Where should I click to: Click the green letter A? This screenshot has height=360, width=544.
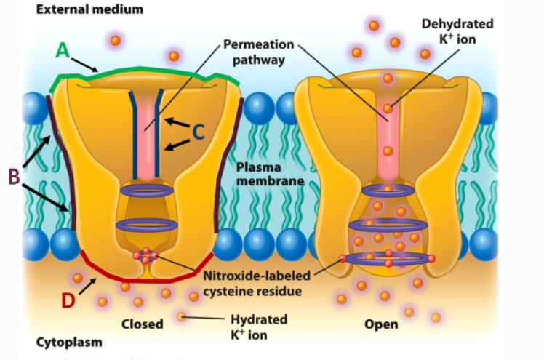[63, 50]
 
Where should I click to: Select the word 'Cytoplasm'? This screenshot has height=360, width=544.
[69, 342]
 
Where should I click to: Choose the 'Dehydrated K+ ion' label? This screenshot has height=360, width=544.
[457, 31]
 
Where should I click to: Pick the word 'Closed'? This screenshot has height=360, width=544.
[143, 324]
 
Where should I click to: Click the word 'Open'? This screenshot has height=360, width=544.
[381, 324]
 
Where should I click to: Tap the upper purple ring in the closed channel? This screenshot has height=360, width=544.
[148, 191]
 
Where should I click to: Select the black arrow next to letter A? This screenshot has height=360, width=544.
[87, 65]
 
